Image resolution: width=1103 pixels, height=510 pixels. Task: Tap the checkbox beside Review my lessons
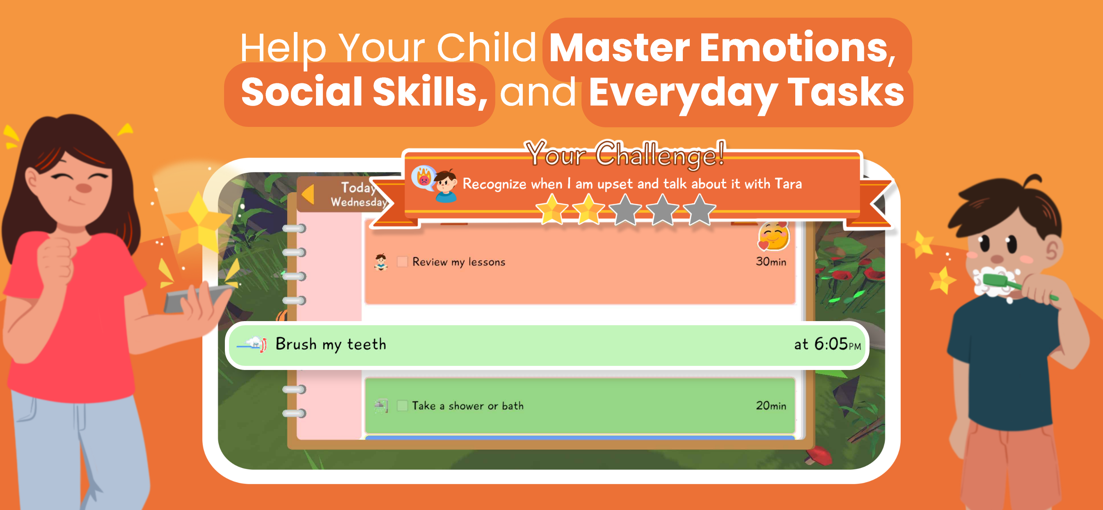point(402,262)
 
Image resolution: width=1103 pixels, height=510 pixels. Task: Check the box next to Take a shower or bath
point(402,405)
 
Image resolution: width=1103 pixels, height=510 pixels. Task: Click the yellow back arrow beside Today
point(308,194)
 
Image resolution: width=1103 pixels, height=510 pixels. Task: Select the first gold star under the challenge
point(551,209)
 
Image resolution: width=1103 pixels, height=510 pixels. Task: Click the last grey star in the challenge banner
point(699,209)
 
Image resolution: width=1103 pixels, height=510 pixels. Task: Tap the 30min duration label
point(771,262)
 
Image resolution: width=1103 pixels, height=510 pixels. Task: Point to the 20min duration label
point(771,405)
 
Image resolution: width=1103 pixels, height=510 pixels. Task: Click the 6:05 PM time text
point(838,344)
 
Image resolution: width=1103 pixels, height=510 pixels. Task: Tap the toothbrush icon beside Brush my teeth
point(252,344)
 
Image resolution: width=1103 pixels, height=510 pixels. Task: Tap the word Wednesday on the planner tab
point(358,202)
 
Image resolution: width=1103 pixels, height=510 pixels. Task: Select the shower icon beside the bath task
point(381,405)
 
